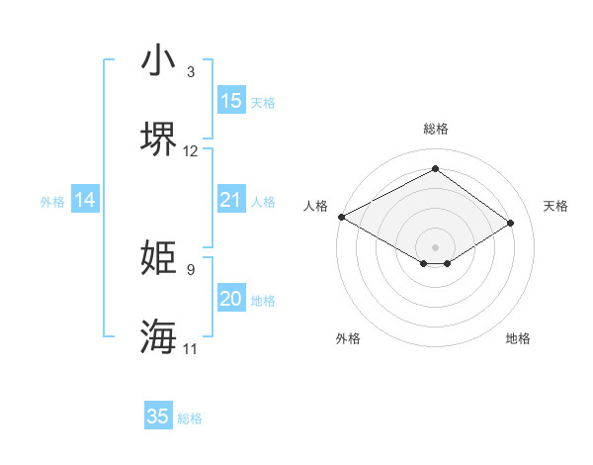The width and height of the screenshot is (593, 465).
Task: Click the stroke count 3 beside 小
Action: click(190, 72)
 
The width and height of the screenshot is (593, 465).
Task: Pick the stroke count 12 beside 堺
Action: click(191, 150)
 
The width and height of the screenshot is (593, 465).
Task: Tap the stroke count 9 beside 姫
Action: click(190, 269)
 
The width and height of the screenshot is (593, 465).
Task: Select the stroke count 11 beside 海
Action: click(191, 348)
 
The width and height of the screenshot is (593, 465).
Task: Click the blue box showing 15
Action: click(231, 101)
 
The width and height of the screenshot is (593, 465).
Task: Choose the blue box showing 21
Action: click(231, 200)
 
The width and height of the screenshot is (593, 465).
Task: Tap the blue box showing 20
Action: click(231, 299)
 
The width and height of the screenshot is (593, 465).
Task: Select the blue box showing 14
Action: click(85, 200)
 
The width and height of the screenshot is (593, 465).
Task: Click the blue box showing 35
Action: click(158, 417)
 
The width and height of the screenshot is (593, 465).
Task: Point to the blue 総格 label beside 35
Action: click(190, 418)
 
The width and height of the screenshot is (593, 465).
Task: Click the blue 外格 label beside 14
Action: click(52, 201)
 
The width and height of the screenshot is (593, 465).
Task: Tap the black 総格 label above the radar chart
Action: click(436, 129)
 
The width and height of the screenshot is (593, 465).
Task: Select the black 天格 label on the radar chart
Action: click(555, 206)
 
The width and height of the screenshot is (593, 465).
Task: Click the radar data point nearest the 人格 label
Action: click(341, 217)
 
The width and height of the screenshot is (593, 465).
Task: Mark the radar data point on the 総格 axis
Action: click(435, 169)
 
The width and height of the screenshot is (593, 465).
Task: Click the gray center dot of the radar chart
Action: click(435, 246)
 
